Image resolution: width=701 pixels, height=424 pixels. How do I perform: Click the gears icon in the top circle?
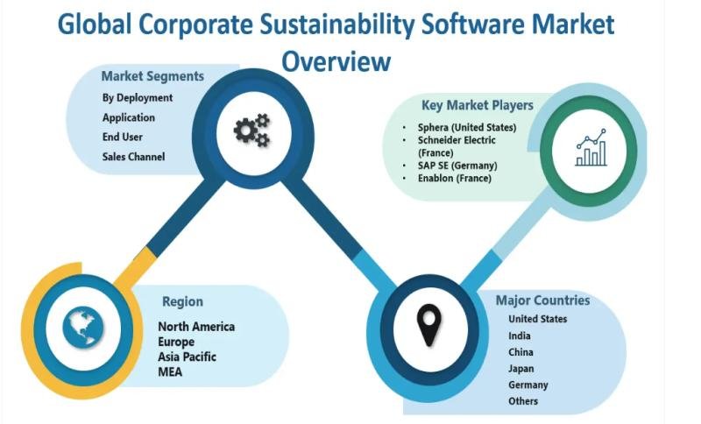[251, 130]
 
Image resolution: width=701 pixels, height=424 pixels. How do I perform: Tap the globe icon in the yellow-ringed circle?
[83, 328]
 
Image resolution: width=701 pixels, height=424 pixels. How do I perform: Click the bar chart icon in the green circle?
[591, 147]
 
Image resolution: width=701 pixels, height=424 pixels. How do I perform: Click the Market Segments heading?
[152, 76]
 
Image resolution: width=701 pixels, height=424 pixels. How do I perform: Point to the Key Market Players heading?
[478, 105]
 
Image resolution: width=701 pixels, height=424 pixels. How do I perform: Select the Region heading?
[182, 302]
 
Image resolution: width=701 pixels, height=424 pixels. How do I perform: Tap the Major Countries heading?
[542, 300]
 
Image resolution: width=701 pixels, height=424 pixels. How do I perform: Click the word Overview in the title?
[336, 61]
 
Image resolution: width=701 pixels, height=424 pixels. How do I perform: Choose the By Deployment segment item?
[138, 98]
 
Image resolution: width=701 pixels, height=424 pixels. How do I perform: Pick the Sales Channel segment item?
[133, 157]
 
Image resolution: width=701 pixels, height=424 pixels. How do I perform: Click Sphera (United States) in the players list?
[467, 128]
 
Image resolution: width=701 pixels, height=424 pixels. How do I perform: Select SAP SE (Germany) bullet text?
[457, 166]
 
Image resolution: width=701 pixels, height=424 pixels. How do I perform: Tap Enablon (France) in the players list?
[454, 178]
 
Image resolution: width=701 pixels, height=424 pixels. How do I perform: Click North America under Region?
[196, 327]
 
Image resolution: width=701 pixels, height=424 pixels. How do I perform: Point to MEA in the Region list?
[170, 371]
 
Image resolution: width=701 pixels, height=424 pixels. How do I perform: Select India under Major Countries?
[519, 336]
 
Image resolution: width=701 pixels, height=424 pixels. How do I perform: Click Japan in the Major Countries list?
[520, 369]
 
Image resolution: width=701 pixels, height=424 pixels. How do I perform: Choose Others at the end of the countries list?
[522, 401]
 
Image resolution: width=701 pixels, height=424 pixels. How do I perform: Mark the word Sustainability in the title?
[337, 25]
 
